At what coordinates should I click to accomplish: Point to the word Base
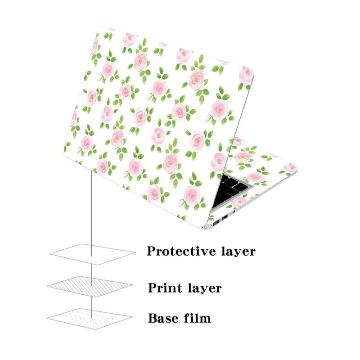coord(162,319)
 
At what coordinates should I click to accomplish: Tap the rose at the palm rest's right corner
coord(288,168)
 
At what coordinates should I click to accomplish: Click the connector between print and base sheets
coord(92,302)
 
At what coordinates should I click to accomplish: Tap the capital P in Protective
coord(152,251)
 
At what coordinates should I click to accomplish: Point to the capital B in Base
coord(153,319)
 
